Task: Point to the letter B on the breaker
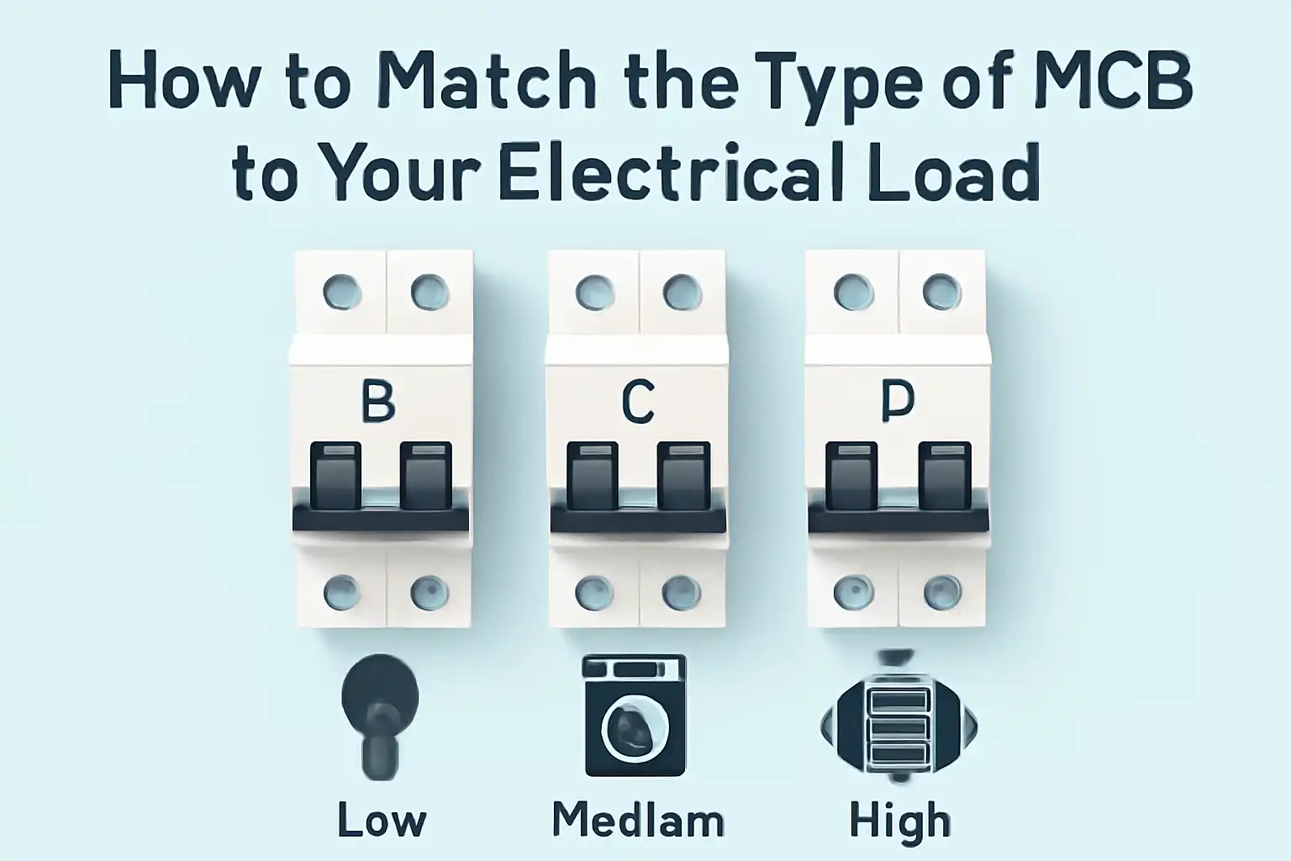[378, 401]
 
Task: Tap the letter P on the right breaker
[898, 403]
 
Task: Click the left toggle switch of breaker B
[336, 476]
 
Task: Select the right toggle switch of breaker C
[683, 476]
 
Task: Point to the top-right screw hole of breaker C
[682, 293]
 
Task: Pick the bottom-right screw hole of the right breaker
[942, 592]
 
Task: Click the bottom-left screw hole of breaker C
[593, 592]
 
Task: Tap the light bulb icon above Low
[379, 715]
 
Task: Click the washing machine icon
[635, 715]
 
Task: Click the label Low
[382, 820]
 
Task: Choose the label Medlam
[638, 820]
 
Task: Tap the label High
[899, 820]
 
